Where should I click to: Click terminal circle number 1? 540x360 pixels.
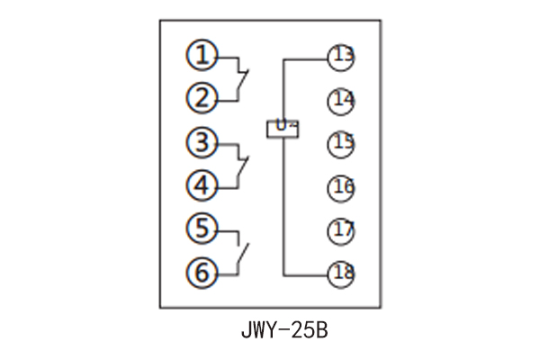202,56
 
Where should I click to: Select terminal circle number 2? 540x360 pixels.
202,97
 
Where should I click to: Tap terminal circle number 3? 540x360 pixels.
202,143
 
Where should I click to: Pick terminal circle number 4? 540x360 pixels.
202,186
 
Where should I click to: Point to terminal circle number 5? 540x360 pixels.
202,228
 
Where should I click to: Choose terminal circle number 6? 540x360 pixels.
202,270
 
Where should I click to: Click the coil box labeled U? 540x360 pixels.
283,129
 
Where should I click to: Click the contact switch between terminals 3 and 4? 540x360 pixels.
240,164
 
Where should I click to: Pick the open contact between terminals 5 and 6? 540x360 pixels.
242,251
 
